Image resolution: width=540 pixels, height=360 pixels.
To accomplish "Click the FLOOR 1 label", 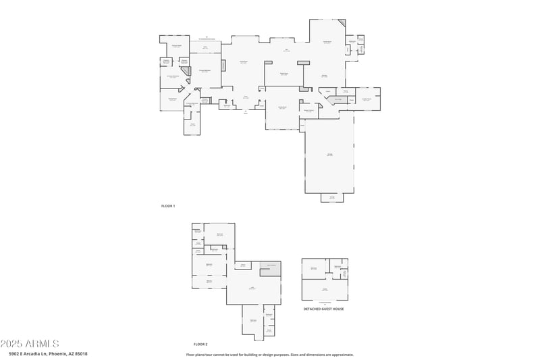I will (x=168, y=205).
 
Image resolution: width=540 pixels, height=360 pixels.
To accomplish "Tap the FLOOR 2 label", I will (x=200, y=344).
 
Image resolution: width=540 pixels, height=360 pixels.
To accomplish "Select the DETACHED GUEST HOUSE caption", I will (x=323, y=309).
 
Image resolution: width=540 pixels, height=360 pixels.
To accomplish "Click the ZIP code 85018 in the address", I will (x=80, y=353).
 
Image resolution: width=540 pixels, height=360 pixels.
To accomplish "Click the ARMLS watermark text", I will (x=30, y=343).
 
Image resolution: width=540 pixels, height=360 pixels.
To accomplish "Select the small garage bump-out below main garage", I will (x=331, y=198).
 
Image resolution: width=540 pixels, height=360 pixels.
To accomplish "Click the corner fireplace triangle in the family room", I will (x=342, y=24).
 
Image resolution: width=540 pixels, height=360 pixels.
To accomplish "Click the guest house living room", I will (x=325, y=289).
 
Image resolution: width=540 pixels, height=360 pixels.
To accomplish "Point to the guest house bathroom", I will (x=337, y=267).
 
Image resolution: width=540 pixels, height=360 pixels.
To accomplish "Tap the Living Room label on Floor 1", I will (x=244, y=62).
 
